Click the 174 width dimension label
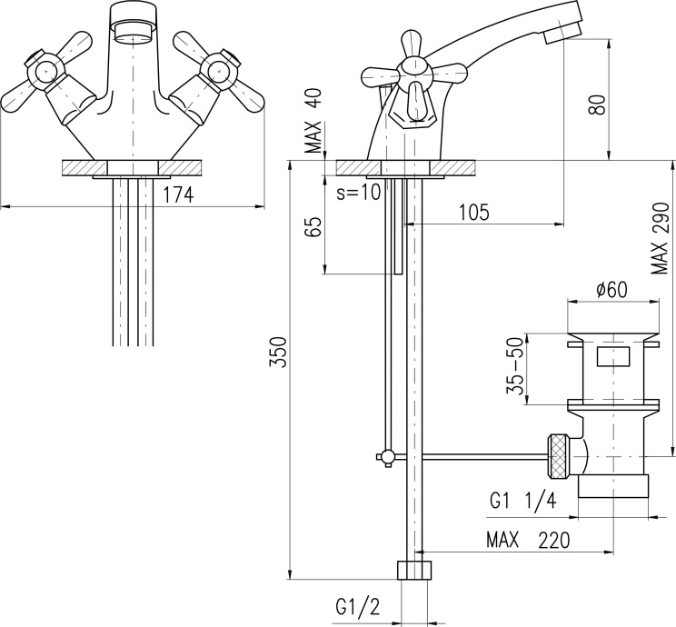(x=179, y=194)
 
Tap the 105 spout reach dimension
(x=473, y=213)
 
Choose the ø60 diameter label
(x=612, y=289)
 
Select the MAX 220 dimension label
(x=527, y=540)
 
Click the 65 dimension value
(x=314, y=227)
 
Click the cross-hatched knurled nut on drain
(x=559, y=456)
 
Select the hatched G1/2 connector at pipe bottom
(x=413, y=572)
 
